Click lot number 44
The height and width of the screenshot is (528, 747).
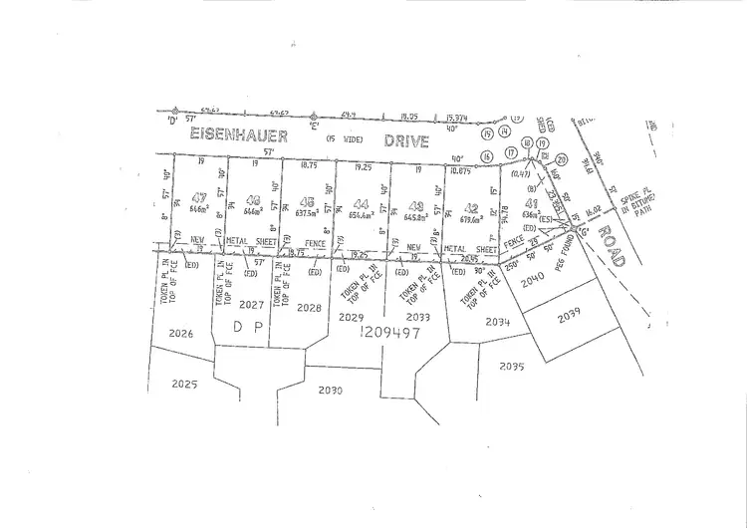click(x=359, y=202)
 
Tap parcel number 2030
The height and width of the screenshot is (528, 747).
click(x=331, y=390)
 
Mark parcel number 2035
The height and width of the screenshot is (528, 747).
click(x=511, y=367)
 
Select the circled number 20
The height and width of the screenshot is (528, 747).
click(x=561, y=159)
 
